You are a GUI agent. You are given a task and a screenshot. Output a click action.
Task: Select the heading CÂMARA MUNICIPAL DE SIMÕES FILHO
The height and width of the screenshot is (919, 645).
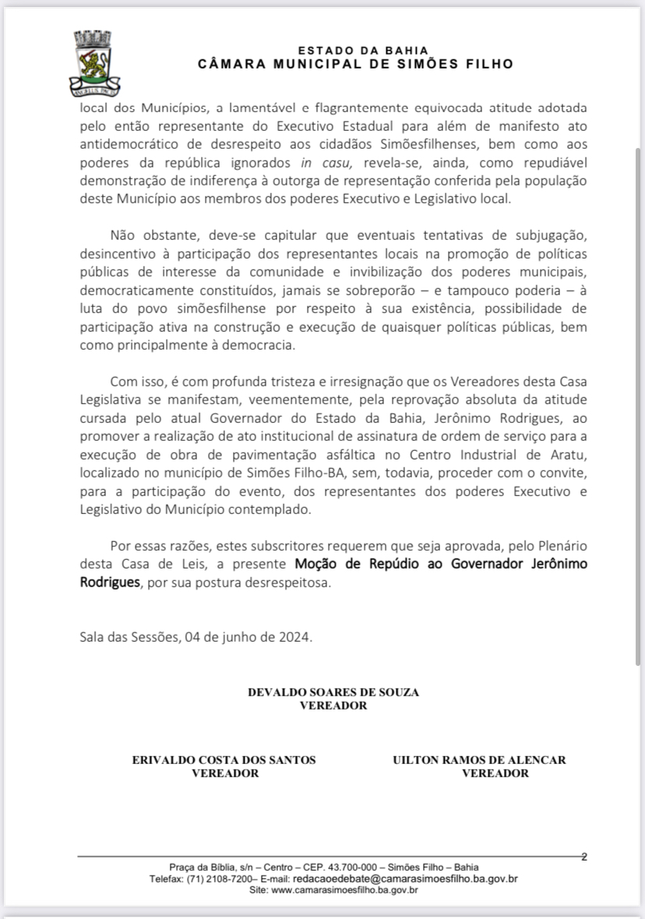point(356,64)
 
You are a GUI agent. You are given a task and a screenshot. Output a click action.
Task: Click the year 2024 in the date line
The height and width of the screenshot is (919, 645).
point(295,636)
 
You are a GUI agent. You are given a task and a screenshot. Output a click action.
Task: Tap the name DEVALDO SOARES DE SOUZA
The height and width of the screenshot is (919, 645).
point(333,692)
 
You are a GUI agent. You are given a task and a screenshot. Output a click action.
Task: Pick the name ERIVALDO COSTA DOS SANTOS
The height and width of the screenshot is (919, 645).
point(224,760)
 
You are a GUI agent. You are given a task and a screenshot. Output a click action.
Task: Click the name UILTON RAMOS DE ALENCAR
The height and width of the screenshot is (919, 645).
point(479,760)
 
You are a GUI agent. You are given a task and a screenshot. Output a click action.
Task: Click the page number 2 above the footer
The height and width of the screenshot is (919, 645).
point(583,857)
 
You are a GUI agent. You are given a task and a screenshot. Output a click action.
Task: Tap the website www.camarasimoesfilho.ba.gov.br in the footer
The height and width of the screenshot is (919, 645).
point(344,889)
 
